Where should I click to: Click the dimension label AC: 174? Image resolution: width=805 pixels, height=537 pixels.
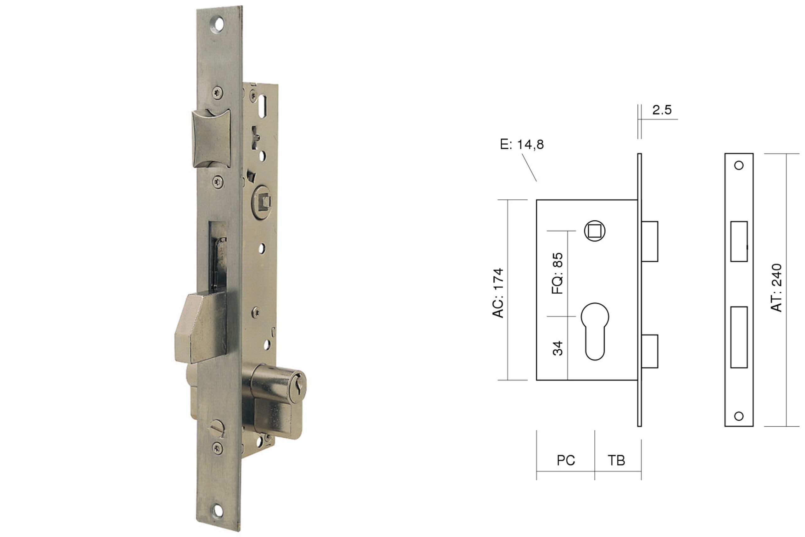pyautogui.click(x=498, y=293)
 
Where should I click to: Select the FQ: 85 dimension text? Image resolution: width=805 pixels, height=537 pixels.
pyautogui.click(x=557, y=274)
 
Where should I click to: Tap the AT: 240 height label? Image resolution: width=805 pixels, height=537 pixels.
pyautogui.click(x=776, y=288)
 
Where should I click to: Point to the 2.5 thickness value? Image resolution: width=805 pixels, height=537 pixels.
pyautogui.click(x=662, y=110)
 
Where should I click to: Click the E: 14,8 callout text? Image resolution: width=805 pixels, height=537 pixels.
pyautogui.click(x=522, y=145)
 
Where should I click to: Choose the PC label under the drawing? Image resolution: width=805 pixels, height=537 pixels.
pyautogui.click(x=566, y=460)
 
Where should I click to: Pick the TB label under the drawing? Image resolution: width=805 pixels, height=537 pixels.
pyautogui.click(x=616, y=460)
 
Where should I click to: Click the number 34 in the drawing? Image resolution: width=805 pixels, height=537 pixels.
pyautogui.click(x=558, y=348)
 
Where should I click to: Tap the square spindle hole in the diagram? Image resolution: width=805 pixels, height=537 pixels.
pyautogui.click(x=595, y=231)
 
